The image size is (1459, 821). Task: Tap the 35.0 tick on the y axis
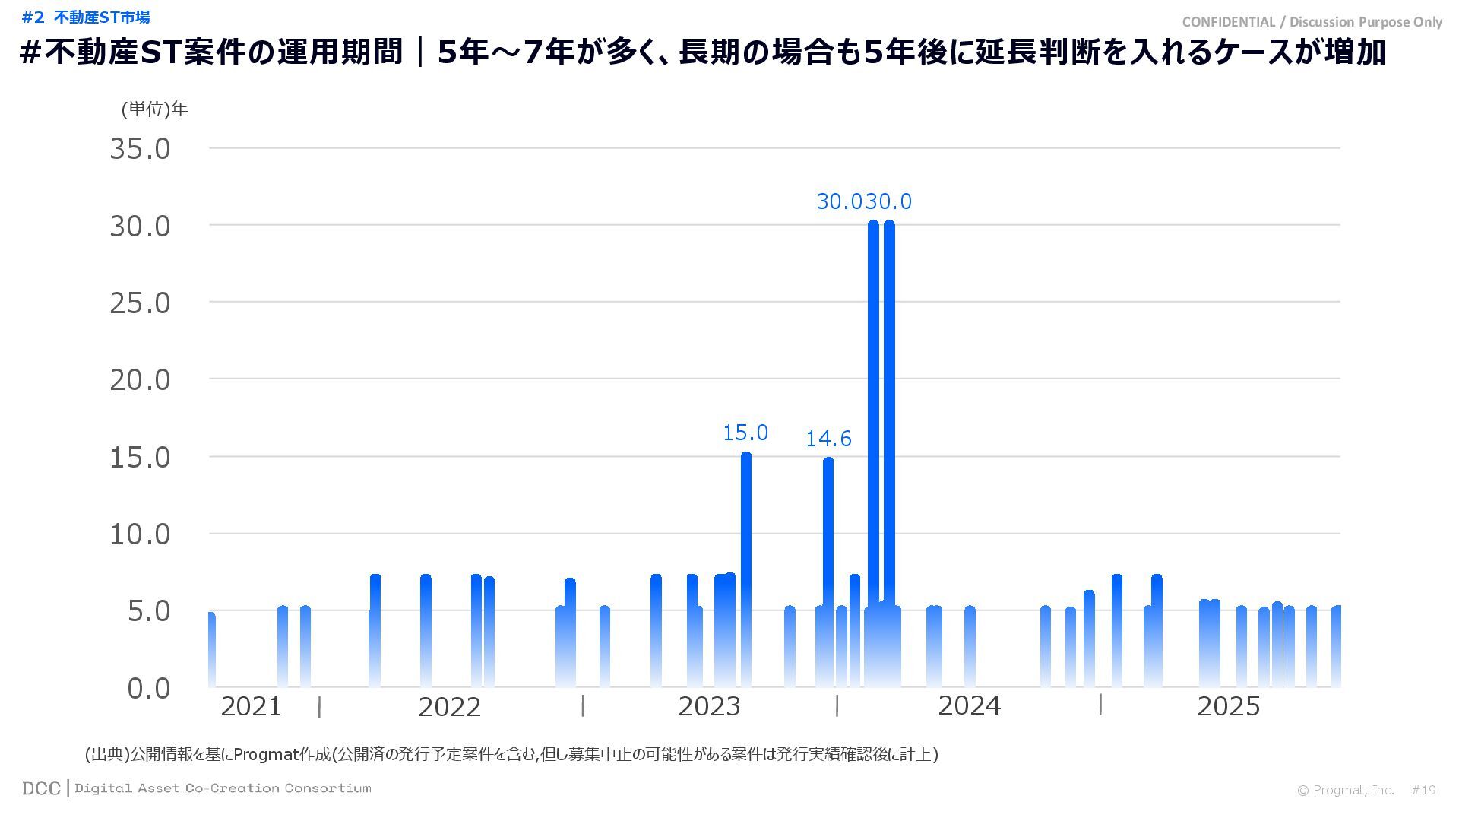click(141, 149)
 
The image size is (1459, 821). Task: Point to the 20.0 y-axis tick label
click(141, 380)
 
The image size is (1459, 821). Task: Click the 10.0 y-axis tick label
click(141, 534)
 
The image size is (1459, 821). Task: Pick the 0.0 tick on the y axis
click(149, 689)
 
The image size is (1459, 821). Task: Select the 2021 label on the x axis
click(251, 707)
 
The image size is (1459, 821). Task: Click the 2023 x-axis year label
click(709, 707)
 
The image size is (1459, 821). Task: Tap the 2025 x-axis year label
click(1228, 707)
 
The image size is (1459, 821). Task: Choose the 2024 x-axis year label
click(969, 706)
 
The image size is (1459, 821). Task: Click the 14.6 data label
click(828, 439)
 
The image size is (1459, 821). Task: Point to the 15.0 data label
click(745, 433)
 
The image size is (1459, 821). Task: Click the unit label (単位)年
click(154, 109)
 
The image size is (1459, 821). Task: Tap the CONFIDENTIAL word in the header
click(1228, 22)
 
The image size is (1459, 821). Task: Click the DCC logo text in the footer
click(41, 789)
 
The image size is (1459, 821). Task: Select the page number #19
click(1423, 791)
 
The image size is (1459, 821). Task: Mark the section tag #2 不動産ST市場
click(86, 17)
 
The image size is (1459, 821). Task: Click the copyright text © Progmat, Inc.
click(1345, 791)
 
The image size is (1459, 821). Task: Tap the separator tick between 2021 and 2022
click(319, 707)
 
